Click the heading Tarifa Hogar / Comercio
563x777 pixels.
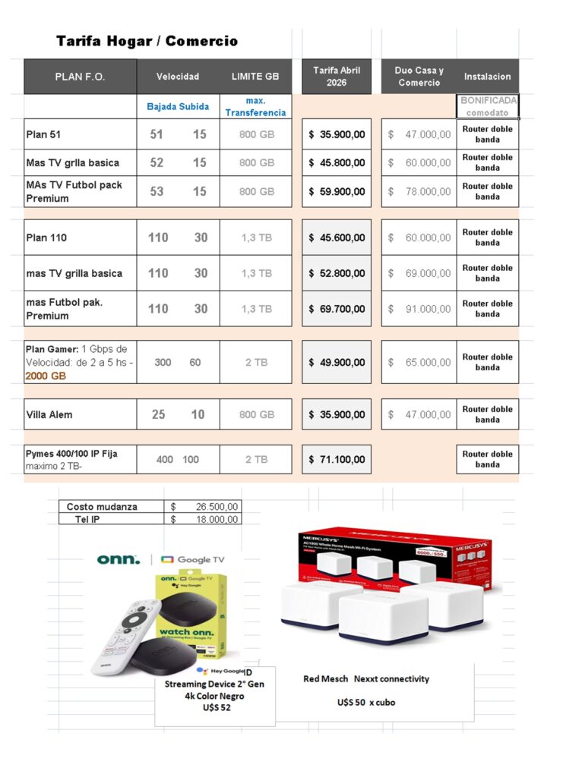click(147, 41)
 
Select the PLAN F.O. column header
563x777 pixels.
click(80, 77)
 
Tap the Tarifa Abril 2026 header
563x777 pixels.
click(337, 76)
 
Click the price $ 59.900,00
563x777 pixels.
click(337, 192)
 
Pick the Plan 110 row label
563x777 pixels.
click(47, 238)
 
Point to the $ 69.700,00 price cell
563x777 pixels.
click(337, 309)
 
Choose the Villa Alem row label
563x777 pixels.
click(49, 414)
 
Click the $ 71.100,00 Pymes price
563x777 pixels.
click(337, 459)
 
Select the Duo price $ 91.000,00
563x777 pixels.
click(419, 309)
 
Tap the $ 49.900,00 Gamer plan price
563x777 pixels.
click(337, 362)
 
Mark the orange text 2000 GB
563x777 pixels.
click(46, 376)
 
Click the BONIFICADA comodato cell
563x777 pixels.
click(488, 106)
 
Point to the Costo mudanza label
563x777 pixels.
click(102, 506)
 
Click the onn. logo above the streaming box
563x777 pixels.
click(119, 559)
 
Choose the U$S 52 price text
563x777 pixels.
click(217, 707)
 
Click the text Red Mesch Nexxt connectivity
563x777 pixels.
click(366, 679)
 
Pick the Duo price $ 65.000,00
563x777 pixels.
click(419, 362)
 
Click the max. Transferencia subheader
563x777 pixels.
click(255, 106)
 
